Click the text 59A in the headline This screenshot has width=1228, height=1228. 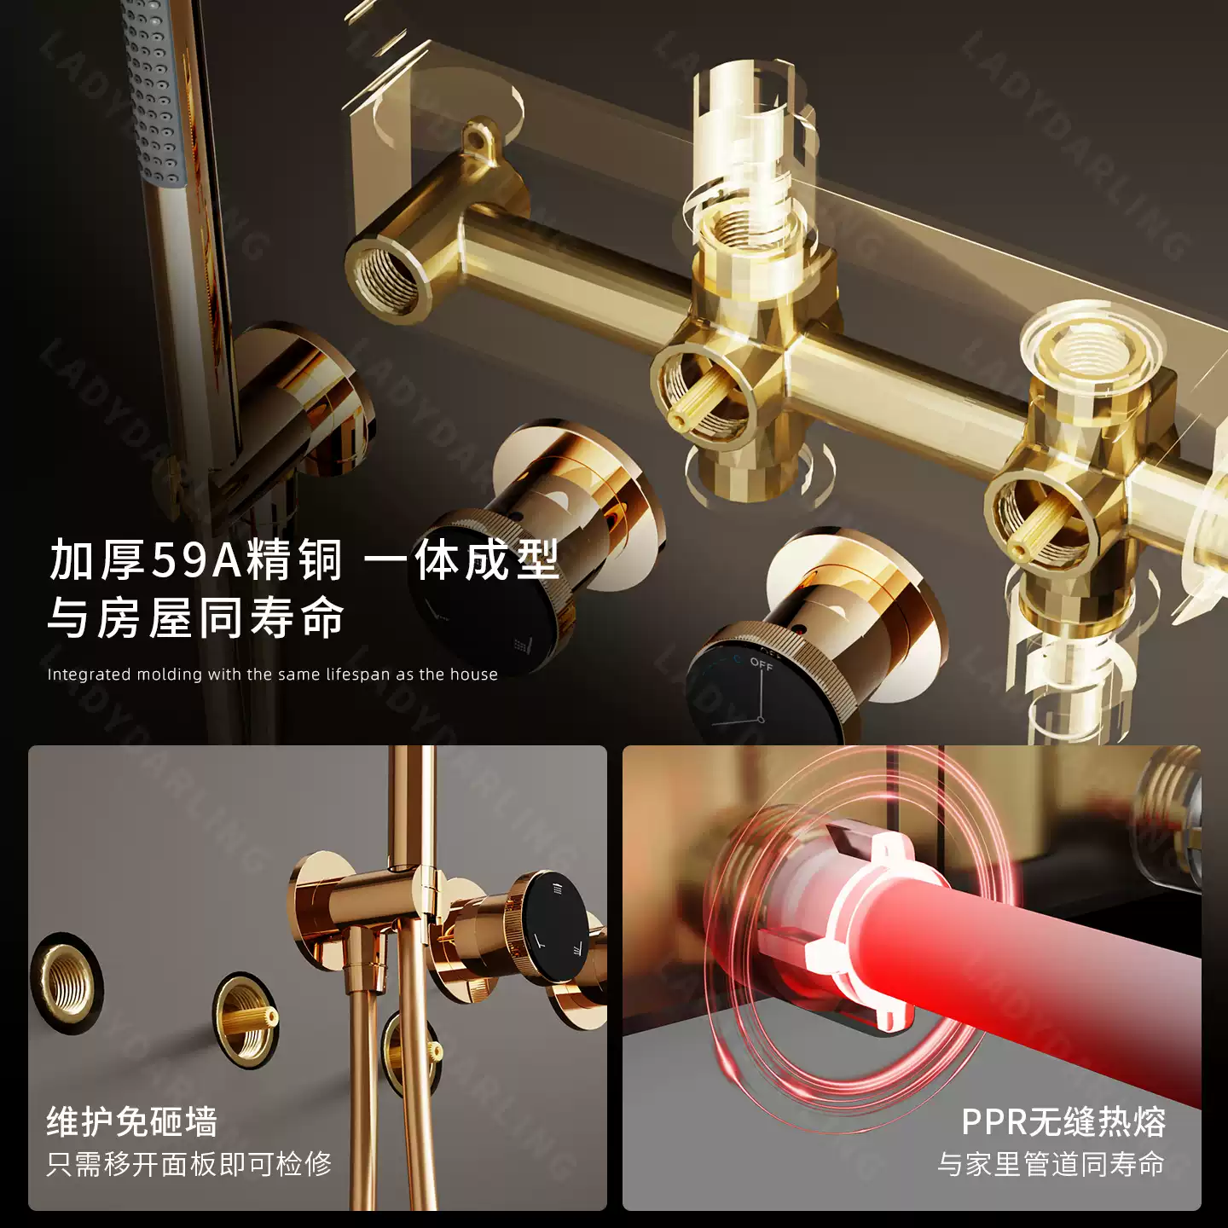pos(198,560)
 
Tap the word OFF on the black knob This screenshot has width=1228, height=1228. pos(761,664)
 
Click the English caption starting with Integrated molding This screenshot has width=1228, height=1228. pos(272,675)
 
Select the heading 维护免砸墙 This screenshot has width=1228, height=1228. pos(132,1122)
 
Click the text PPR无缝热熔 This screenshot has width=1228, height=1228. pos(1063,1122)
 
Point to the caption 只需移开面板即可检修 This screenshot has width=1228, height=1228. pos(189,1164)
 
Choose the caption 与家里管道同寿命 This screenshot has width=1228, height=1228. pos(1051,1164)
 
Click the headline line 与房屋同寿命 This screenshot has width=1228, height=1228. pos(196,617)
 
